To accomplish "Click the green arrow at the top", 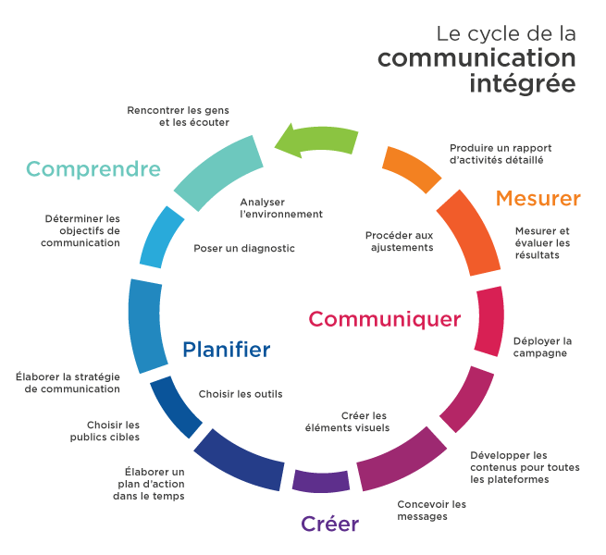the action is (x=317, y=140).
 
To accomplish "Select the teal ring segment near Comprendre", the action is (x=219, y=171).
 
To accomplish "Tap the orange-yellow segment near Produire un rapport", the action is (x=411, y=169).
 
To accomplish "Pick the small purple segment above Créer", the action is (x=321, y=481).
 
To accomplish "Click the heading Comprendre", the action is (x=93, y=169).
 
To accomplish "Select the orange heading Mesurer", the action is (x=538, y=198).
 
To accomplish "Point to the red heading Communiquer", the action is (x=385, y=319).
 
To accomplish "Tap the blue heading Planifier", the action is (x=226, y=349).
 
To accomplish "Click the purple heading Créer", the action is (x=329, y=524).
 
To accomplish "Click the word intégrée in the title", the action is (x=523, y=84).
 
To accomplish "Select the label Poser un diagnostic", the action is (x=244, y=248).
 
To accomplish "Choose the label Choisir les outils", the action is (x=241, y=394).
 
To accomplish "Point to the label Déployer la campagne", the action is (x=542, y=347).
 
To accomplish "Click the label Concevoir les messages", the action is (x=431, y=511).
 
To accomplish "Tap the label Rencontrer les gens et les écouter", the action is (x=179, y=117).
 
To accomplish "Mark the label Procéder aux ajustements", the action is (x=400, y=241).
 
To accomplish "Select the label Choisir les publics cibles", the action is (x=105, y=431).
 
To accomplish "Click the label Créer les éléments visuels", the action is (x=347, y=422).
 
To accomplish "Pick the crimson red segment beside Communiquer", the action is (x=489, y=321).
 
